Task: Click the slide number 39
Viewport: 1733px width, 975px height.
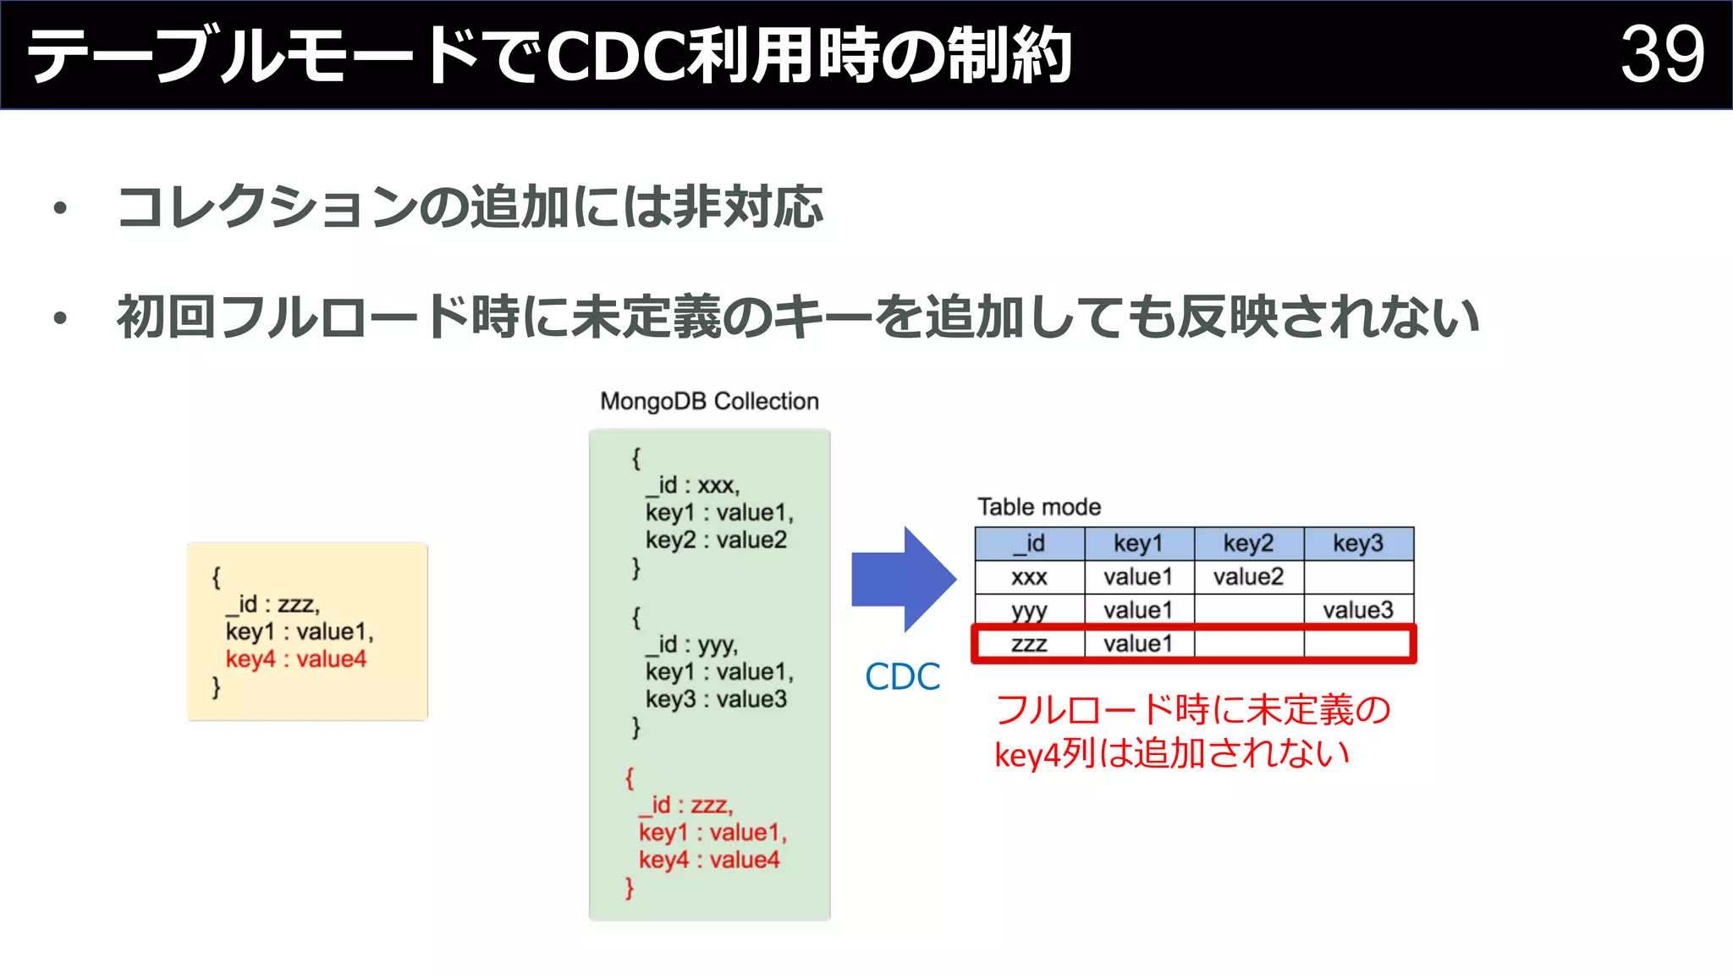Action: pyautogui.click(x=1662, y=54)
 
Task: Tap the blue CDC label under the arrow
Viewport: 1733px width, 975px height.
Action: pyautogui.click(x=902, y=676)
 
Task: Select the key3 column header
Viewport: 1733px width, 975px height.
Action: pyautogui.click(x=1358, y=543)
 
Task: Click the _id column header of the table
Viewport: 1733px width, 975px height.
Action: pyautogui.click(x=1029, y=543)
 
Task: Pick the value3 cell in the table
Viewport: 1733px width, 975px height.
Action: pyautogui.click(x=1358, y=609)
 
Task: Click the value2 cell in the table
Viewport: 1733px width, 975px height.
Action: pyautogui.click(x=1248, y=576)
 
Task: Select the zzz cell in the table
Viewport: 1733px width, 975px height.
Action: pyautogui.click(x=1029, y=643)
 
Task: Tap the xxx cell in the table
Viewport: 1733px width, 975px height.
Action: pyautogui.click(x=1029, y=576)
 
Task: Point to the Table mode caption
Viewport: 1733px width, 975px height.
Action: pyautogui.click(x=1039, y=507)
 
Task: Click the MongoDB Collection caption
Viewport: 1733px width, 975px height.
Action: pyautogui.click(x=709, y=401)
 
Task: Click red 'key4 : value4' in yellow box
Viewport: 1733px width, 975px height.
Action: pyautogui.click(x=296, y=658)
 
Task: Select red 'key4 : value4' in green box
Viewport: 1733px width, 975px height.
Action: pyautogui.click(x=709, y=860)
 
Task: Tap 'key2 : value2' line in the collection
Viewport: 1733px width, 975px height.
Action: pyautogui.click(x=716, y=540)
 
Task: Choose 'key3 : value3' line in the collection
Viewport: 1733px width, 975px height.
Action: pyautogui.click(x=716, y=699)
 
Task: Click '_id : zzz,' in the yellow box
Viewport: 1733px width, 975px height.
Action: pyautogui.click(x=272, y=604)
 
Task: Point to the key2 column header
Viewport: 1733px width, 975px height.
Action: pyautogui.click(x=1248, y=543)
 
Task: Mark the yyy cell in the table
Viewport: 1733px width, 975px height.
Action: pyautogui.click(x=1029, y=609)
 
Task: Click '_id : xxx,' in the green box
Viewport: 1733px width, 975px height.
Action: pyautogui.click(x=692, y=485)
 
